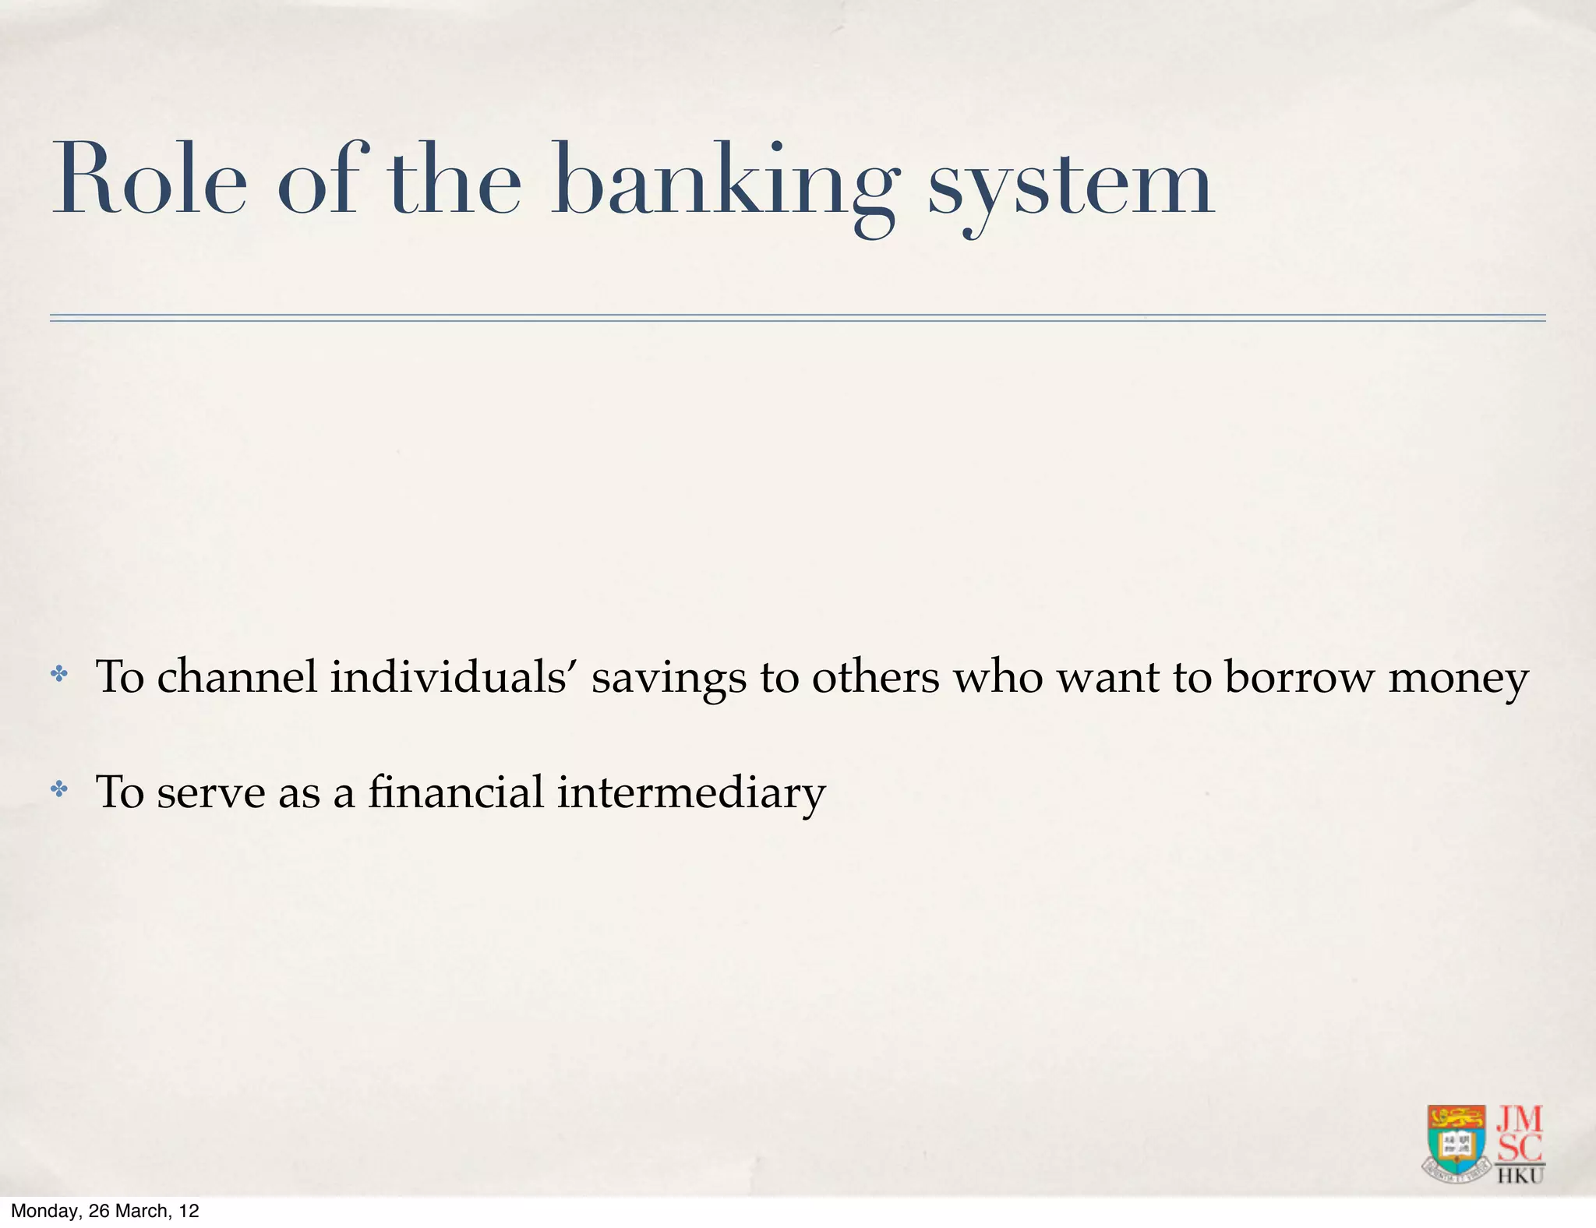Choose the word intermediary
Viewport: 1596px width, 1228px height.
691,793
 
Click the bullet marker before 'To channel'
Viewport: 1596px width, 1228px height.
59,675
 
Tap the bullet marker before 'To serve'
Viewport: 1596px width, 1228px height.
59,790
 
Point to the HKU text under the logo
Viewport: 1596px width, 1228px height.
1520,1175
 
